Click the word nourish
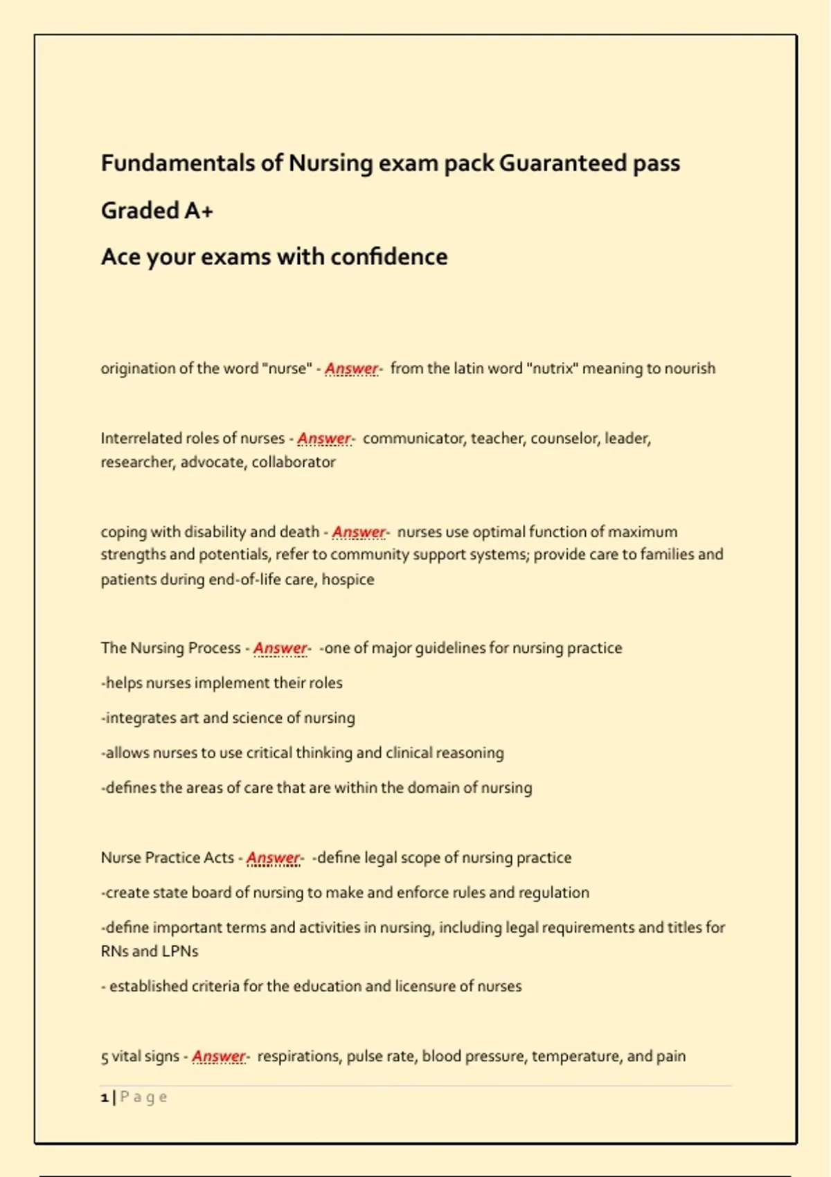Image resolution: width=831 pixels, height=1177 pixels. [690, 368]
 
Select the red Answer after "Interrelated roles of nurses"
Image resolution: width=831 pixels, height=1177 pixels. [324, 438]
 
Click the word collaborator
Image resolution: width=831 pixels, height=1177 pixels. [293, 462]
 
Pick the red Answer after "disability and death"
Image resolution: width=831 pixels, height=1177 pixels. [359, 532]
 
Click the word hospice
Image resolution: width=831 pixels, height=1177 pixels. [348, 579]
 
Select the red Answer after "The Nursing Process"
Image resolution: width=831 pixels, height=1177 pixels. [280, 648]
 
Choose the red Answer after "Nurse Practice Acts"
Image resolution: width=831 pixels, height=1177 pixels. [273, 858]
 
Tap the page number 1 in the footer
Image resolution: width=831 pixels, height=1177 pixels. [105, 1097]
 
